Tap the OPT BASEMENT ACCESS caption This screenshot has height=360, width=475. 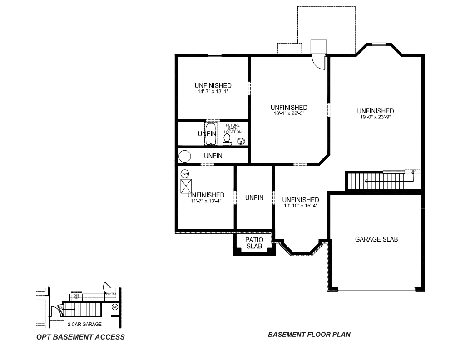pos(80,337)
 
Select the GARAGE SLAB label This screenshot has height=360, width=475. pos(376,239)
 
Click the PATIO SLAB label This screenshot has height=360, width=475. pos(254,243)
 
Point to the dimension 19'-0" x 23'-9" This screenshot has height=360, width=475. pos(375,117)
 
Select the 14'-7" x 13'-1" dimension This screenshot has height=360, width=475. pos(213,91)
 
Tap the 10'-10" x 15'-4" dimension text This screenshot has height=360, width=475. pos(300,206)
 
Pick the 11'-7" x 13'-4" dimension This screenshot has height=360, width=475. pos(206,201)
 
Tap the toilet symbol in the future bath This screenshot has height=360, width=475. pos(227,138)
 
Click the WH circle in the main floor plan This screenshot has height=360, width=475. pos(185,173)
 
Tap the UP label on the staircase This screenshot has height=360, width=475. pos(413,172)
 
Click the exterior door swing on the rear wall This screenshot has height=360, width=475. pos(319,62)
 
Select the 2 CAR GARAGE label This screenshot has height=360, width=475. pos(84,324)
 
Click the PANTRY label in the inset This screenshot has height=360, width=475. pos(111,294)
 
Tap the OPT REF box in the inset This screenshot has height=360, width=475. pos(76,296)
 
